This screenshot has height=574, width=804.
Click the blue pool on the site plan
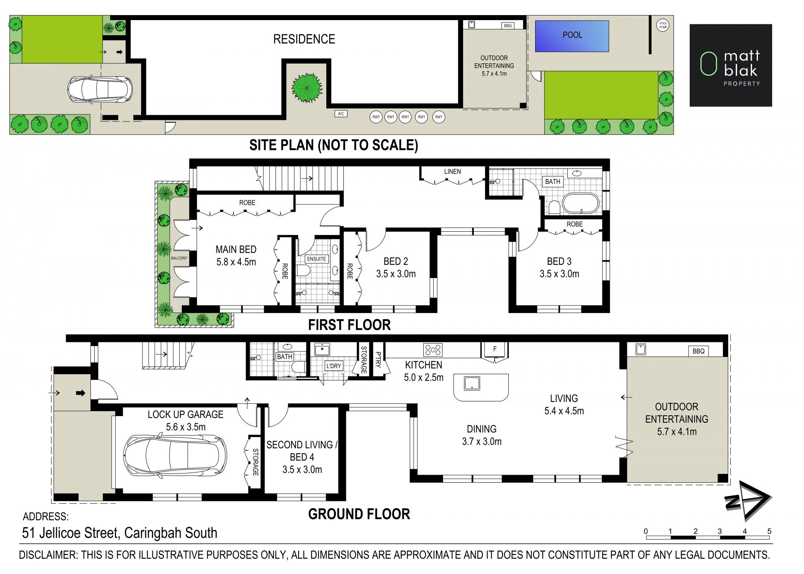coord(572,36)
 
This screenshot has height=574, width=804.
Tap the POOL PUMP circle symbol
coord(663,25)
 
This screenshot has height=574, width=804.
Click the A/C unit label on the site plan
coord(341,114)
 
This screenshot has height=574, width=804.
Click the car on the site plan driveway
coord(100,89)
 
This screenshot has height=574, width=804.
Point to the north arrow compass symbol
coord(748,500)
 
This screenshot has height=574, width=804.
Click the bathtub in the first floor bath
coord(581,204)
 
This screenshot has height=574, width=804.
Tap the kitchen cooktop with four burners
coord(433,349)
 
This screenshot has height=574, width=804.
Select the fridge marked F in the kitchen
coord(495,349)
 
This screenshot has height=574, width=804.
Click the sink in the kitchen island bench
coord(472,383)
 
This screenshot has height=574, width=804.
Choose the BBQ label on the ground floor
coord(698,351)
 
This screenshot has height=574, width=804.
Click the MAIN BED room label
coord(236,250)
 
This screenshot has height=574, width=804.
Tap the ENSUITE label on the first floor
coord(316,259)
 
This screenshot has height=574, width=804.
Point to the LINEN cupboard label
coord(452,172)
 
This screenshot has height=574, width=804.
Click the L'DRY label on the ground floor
coord(333,366)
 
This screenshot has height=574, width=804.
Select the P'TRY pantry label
coord(378,359)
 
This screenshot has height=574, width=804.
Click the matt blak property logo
coord(731,65)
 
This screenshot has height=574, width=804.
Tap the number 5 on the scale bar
coord(769,531)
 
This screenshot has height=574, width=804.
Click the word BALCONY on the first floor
coord(179,258)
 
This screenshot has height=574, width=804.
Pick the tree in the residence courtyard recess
coord(307,88)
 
